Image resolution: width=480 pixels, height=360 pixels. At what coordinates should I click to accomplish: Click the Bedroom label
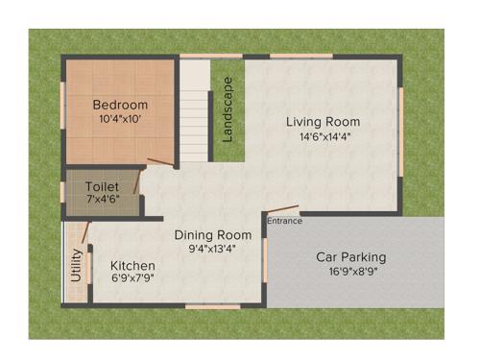(120, 105)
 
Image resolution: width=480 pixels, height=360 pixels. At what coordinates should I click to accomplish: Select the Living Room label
(324, 122)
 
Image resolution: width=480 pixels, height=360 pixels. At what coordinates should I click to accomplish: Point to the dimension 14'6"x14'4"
(324, 136)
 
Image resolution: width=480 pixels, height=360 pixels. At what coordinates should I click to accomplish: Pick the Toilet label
(102, 185)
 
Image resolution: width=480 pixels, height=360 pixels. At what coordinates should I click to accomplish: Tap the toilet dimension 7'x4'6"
(102, 199)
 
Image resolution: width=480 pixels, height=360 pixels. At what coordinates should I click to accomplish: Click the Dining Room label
(212, 234)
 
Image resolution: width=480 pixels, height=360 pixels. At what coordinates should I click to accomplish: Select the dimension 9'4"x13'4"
(212, 248)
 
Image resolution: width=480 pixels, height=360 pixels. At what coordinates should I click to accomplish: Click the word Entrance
(284, 221)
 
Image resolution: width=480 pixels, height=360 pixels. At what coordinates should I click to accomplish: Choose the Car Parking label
(351, 257)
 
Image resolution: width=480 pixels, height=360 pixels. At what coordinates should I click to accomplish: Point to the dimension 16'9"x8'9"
(351, 272)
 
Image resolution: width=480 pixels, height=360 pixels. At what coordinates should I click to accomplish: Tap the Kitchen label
(132, 265)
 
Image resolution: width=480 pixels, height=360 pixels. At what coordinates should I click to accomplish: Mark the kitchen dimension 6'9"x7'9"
(132, 278)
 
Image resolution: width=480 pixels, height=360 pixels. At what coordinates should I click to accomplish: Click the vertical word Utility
(76, 264)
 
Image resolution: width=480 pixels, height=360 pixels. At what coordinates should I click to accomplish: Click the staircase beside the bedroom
(195, 110)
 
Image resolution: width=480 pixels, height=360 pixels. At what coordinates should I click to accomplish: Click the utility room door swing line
(86, 231)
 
